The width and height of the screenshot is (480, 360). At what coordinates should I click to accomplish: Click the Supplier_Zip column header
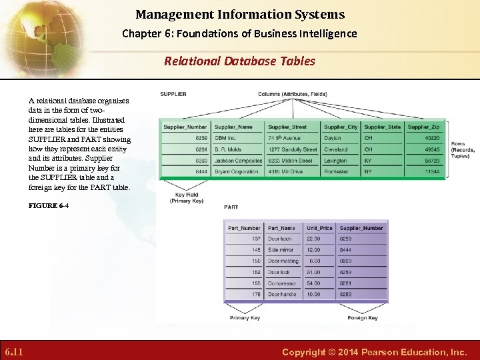pos(423,127)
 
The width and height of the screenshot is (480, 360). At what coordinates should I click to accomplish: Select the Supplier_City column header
pos(341,127)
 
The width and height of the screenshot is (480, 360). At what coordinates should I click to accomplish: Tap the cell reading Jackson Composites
pos(238,161)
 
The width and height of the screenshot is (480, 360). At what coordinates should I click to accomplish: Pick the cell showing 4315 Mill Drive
pos(285,171)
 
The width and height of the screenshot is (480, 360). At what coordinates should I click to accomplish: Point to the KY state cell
pos(368,161)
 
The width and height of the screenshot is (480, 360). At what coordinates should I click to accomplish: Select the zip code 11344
pos(432,171)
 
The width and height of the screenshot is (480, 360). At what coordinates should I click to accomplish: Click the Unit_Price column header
pos(319,228)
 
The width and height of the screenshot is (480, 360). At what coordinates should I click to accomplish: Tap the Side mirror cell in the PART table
pos(281,250)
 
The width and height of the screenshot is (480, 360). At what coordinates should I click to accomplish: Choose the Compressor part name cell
pos(283,283)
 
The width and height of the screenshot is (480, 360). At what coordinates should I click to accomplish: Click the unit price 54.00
pos(313,283)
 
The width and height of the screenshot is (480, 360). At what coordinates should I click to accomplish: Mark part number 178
pos(256,294)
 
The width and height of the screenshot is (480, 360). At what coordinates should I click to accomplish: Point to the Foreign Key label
pos(362,318)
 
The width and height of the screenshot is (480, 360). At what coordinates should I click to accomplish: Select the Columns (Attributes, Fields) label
pos(292,94)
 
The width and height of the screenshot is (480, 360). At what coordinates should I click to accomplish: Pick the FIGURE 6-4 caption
pos(49,206)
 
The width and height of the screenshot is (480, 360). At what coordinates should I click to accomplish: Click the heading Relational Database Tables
pos(240,61)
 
